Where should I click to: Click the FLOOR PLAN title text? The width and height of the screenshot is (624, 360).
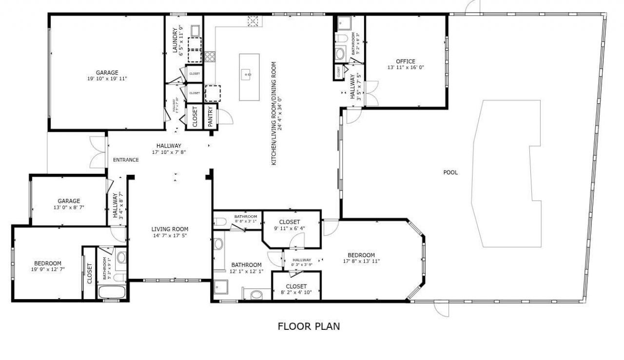[x=309, y=326]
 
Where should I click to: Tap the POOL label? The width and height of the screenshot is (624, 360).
[x=450, y=172]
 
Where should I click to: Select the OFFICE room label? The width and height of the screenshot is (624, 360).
[x=406, y=61]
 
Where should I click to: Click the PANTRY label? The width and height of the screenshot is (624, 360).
[x=211, y=117]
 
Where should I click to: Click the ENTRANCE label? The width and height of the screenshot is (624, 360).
[x=126, y=160]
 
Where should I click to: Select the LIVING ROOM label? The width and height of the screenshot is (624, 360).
[x=170, y=229]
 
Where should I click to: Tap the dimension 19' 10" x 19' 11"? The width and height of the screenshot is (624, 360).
[x=107, y=79]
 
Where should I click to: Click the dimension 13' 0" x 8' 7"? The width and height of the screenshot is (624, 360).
[x=69, y=207]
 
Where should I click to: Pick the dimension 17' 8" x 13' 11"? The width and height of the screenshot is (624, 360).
[x=361, y=261]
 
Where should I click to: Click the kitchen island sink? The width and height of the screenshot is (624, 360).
[x=248, y=75]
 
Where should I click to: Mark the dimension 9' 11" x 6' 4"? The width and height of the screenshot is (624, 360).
[x=290, y=228]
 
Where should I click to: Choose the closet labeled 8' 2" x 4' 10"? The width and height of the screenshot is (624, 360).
[x=296, y=293]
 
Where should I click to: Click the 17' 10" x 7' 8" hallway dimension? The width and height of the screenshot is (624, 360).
[x=169, y=152]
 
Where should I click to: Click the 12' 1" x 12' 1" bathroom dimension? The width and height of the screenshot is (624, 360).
[x=247, y=271]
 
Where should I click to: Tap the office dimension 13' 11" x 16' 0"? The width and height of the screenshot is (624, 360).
[x=406, y=68]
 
